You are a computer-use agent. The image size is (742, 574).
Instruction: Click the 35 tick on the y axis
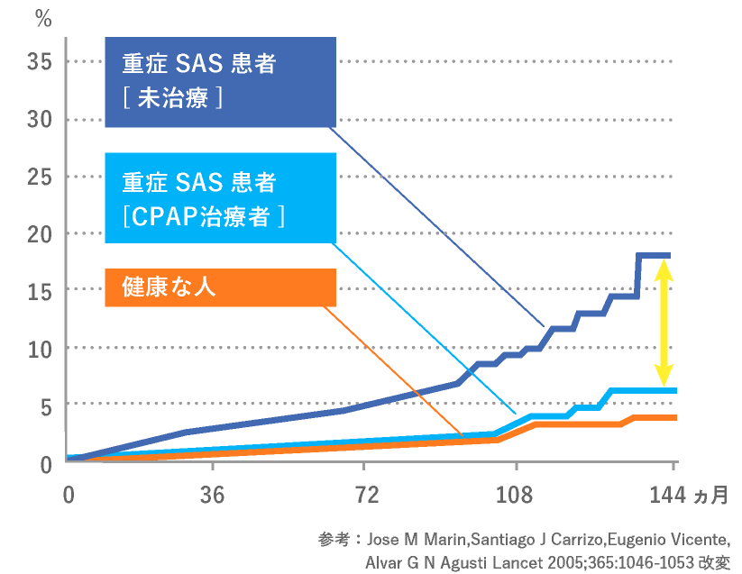coord(40,62)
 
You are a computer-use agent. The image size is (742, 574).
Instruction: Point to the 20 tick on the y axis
coord(40,233)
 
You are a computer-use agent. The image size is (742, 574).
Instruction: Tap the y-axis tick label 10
coord(40,348)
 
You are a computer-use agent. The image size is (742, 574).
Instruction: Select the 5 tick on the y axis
coord(46,405)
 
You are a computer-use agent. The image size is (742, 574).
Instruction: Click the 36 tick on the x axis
coord(212,496)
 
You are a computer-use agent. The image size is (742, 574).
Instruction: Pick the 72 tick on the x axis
coord(362,496)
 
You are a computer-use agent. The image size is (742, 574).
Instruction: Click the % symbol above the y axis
coord(42,17)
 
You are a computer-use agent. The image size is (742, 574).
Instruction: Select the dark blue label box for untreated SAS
coord(220,82)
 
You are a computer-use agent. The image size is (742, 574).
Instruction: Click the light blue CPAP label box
coord(220,197)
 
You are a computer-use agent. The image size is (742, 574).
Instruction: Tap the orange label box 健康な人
coord(220,287)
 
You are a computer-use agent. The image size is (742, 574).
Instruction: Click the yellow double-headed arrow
coord(664,319)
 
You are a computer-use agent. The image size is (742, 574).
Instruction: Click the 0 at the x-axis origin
coord(68,496)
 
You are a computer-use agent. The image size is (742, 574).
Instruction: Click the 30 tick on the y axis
coord(40,119)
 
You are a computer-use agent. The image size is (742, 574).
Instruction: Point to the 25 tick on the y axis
coord(40,177)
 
